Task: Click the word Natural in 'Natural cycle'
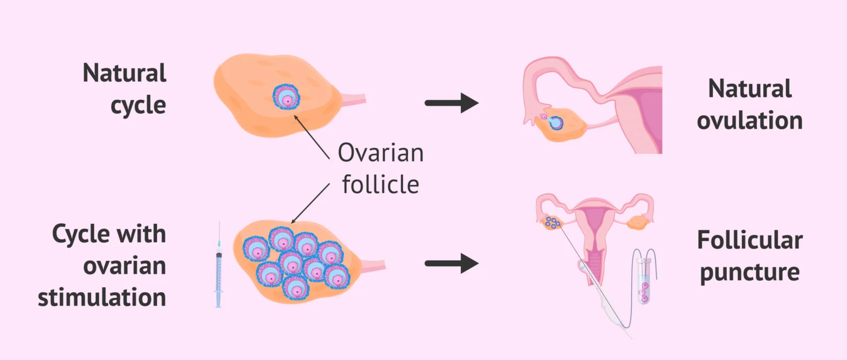pos(125,73)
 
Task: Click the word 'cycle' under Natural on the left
pos(138,105)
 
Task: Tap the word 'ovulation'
pos(750,121)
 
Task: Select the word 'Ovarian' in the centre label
pos(381,153)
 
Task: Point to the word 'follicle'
pos(381,184)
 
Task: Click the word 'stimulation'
pos(102,297)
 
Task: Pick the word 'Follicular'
pos(750,240)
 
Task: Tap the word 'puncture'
pos(750,273)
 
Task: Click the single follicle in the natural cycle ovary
pos(286,97)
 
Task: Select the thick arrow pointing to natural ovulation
pos(452,103)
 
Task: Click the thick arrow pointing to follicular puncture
pos(452,264)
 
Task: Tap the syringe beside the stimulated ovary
pos(218,265)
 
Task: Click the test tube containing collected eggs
pos(644,281)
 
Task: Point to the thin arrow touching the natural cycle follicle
pos(312,137)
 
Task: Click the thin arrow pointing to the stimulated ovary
pos(310,203)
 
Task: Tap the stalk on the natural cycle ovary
pos(354,100)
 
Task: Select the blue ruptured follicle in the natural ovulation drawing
pos(556,122)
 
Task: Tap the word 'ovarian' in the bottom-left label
pos(125,266)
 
